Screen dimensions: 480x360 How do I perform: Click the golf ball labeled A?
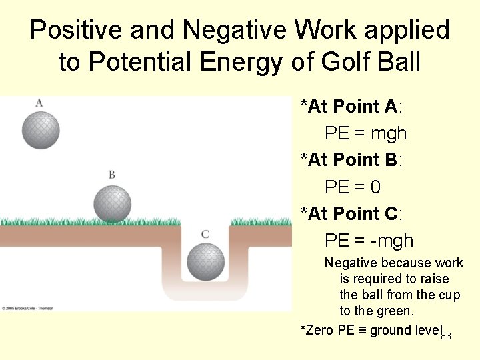pos(41,129)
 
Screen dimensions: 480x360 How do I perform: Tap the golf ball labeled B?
pos(112,203)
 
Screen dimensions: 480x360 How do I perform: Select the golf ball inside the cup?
pos(205,261)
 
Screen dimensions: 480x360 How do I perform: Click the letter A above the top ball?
pos(39,102)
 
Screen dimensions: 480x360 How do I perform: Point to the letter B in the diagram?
pos(112,175)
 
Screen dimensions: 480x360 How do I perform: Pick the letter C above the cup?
pos(205,234)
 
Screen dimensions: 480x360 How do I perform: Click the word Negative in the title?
pos(224,31)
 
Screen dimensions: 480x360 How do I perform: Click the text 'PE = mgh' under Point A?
pos(365,133)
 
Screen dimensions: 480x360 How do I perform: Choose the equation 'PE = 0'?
pos(352,187)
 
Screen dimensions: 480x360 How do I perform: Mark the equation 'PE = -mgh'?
pos(369,241)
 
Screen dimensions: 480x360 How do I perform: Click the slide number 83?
pos(446,336)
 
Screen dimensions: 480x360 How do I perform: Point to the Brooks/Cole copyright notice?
pos(27,308)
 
